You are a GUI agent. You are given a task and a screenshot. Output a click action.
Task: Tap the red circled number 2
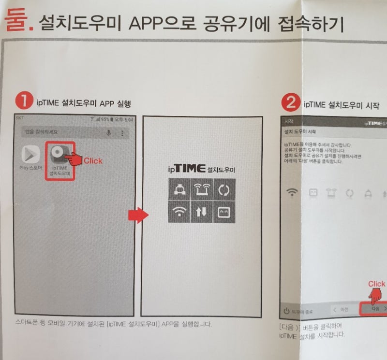pos(291,102)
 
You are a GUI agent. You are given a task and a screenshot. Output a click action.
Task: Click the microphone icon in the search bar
pos(108,132)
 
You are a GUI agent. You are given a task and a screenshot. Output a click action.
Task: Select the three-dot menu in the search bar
pos(122,132)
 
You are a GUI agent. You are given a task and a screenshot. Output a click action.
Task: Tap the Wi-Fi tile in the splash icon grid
pos(179,213)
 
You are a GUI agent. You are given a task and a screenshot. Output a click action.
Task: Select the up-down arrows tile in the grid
pos(201,213)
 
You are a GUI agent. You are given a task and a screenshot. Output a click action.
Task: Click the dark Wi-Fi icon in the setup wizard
pos(292,193)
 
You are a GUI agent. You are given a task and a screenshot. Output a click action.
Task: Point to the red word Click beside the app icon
pos(92,160)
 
